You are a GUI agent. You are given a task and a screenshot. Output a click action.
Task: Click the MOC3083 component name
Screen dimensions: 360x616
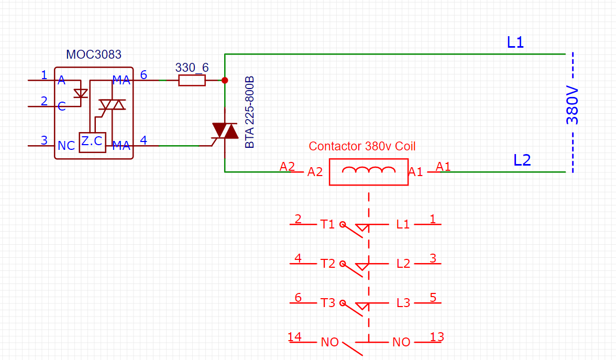coord(94,54)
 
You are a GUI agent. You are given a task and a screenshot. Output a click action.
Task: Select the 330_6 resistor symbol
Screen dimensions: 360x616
coord(192,80)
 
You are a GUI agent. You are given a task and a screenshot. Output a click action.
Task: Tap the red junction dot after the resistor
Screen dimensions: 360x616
coord(225,80)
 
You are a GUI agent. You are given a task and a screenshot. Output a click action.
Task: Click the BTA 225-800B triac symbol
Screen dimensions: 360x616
coord(224,131)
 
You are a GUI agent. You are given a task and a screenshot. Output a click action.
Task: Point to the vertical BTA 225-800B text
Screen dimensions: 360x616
coord(250,113)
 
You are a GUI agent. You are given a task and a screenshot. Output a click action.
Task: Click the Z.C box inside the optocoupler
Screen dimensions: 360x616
coord(92,142)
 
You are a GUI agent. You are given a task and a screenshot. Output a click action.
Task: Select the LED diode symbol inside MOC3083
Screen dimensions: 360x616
coord(80,93)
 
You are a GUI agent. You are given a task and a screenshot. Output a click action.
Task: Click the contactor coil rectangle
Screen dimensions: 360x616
coord(368,171)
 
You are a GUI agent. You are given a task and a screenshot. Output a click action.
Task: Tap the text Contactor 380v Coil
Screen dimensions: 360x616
coord(362,146)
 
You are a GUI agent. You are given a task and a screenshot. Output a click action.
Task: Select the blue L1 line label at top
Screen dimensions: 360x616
coord(515,42)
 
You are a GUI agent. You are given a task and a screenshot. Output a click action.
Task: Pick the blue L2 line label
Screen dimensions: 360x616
coord(522,160)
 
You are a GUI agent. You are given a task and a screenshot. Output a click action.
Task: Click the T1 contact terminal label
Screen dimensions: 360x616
coord(327,224)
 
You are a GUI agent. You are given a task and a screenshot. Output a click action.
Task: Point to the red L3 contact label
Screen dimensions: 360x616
coord(403,303)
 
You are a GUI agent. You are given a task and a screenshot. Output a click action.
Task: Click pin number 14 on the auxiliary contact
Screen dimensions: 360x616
coord(295,337)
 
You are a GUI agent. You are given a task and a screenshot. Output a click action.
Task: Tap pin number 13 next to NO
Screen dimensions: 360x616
coord(437,337)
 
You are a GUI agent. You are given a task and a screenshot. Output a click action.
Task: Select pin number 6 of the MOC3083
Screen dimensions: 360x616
coord(143,75)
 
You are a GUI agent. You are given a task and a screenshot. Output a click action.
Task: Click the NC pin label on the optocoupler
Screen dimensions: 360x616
coord(67,146)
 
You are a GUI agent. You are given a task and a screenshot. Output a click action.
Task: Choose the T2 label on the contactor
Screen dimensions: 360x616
coord(327,264)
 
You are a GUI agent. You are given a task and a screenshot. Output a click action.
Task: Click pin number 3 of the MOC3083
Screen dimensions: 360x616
coord(44,140)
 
